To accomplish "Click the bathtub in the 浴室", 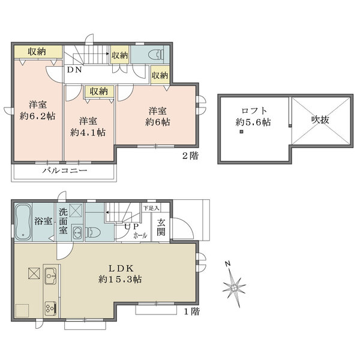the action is [23, 222].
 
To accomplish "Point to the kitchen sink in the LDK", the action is [51, 276].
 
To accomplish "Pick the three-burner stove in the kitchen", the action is [51, 309].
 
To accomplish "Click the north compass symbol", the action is [234, 286].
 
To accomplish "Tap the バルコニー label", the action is [65, 170].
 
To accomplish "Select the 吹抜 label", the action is [320, 119].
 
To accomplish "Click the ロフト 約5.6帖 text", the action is [253, 116].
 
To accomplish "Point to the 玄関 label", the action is [161, 227].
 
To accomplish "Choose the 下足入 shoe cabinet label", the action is [151, 208].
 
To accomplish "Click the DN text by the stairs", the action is [74, 70].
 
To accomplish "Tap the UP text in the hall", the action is [131, 227].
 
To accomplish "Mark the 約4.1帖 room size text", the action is [88, 133].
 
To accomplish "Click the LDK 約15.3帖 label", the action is [120, 274].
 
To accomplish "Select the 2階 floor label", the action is [190, 156].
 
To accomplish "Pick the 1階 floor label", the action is [192, 311].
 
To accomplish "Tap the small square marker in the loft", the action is [241, 132].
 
